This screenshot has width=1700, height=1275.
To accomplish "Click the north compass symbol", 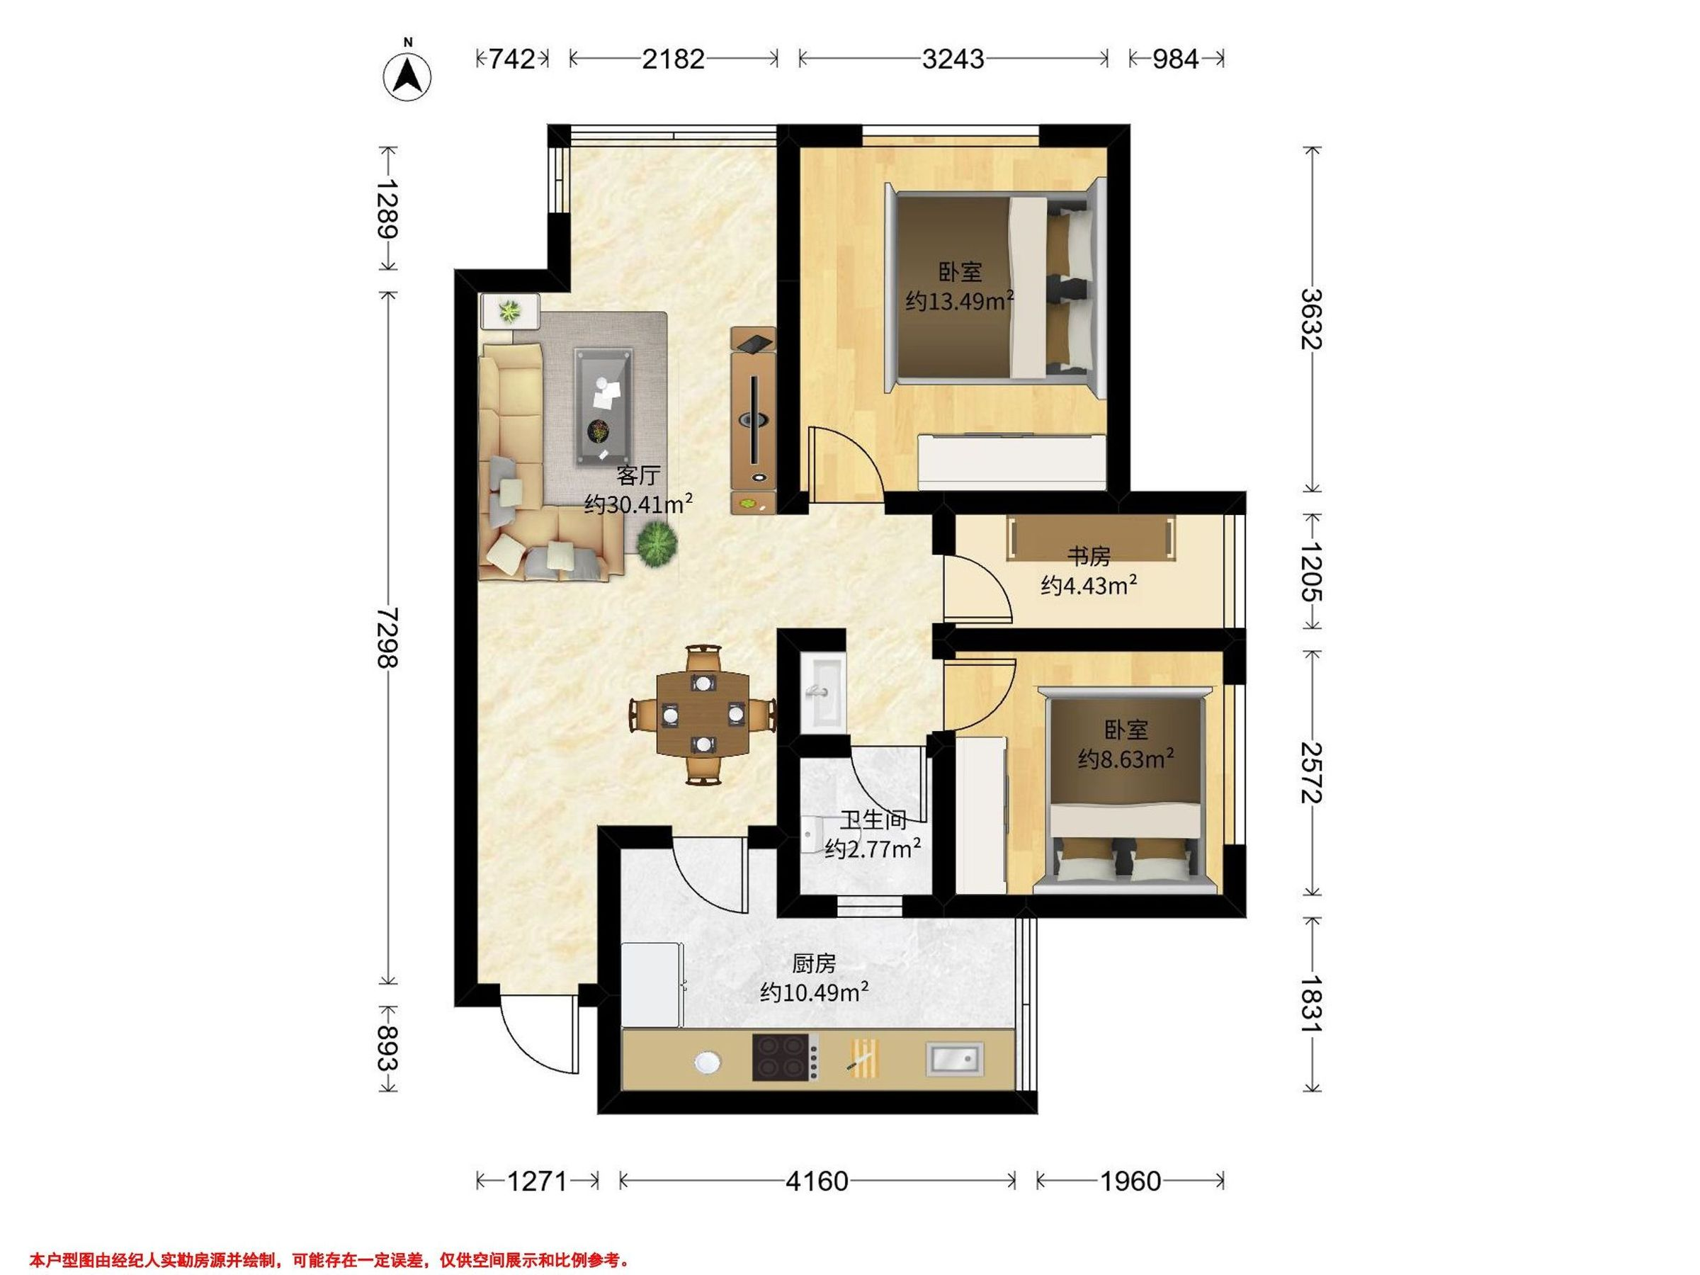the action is click(407, 75).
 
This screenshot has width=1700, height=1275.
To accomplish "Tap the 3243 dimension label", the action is click(953, 59).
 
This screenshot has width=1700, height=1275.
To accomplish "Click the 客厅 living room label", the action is click(638, 476).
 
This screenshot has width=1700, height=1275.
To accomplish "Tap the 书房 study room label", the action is click(1088, 555).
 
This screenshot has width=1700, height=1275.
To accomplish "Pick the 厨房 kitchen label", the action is click(813, 963).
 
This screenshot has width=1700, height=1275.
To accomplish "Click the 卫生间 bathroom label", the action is click(873, 820).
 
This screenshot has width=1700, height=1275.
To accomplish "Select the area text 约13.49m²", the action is click(959, 300).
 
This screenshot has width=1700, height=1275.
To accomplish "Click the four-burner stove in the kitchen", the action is click(784, 1058).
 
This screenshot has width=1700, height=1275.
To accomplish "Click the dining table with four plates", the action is click(703, 714).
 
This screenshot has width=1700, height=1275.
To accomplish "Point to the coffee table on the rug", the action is click(604, 407).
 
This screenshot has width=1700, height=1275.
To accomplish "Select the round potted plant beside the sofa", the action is click(657, 543).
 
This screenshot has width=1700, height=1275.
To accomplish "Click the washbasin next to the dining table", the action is click(822, 691).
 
